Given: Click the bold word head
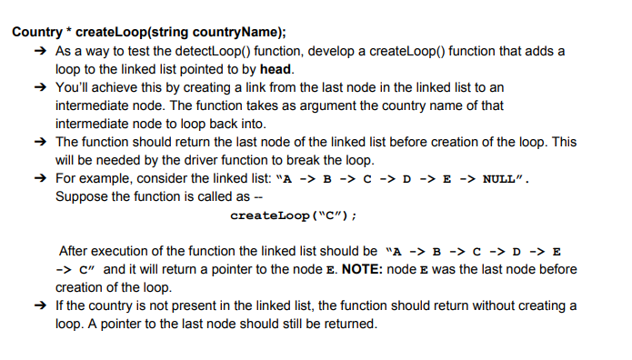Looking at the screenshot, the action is (x=276, y=69).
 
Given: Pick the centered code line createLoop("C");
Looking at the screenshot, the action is (x=293, y=215).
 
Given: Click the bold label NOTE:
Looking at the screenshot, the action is (x=385, y=269).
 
